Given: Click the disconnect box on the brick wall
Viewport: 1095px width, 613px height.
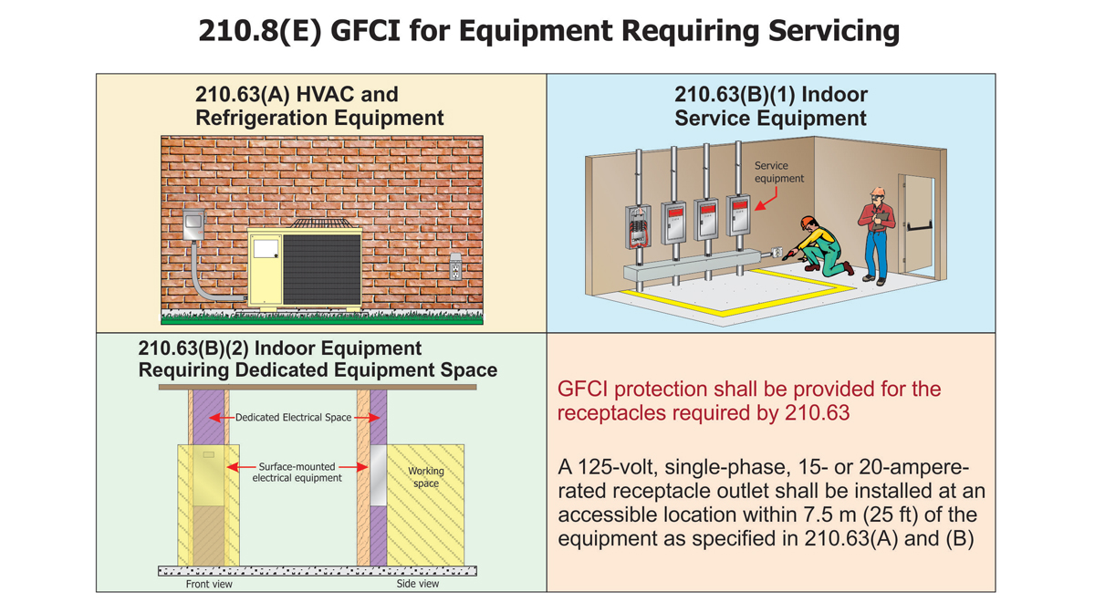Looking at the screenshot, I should (x=193, y=224).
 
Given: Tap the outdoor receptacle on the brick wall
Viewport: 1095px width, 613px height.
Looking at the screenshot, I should (x=455, y=267).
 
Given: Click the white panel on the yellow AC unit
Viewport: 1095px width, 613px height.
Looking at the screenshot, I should (x=266, y=249).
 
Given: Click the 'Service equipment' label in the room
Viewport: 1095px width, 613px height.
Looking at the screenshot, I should (x=778, y=171).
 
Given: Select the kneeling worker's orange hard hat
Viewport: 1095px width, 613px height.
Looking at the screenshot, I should (x=808, y=222).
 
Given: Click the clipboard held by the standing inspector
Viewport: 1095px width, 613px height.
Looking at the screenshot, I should (x=877, y=219).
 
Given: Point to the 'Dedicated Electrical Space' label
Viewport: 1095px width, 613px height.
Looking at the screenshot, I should (x=293, y=418).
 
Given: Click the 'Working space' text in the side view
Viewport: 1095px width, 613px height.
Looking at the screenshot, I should (x=425, y=477).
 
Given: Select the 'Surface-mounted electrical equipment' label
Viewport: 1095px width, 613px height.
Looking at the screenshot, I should (x=297, y=473).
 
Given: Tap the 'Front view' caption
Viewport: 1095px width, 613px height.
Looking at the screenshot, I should (x=209, y=584).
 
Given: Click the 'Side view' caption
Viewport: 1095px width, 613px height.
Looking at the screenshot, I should (x=417, y=584).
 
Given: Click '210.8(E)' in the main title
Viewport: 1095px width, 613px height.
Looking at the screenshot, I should (x=258, y=32).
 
